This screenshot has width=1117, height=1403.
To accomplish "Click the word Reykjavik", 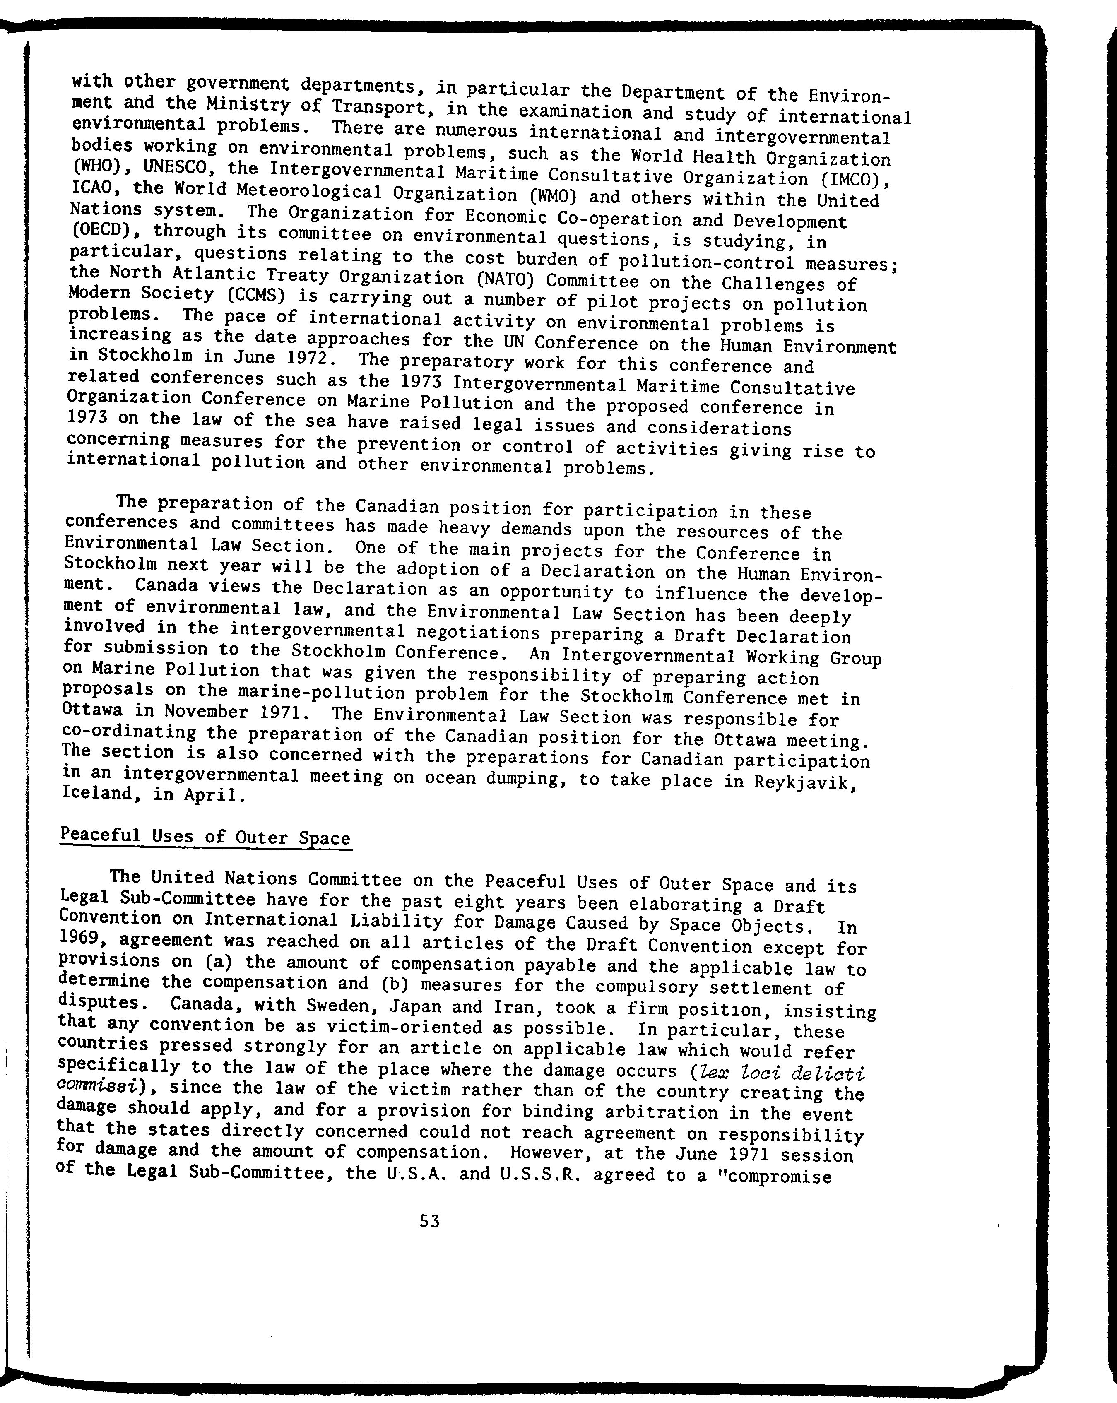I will pyautogui.click(x=801, y=782).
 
